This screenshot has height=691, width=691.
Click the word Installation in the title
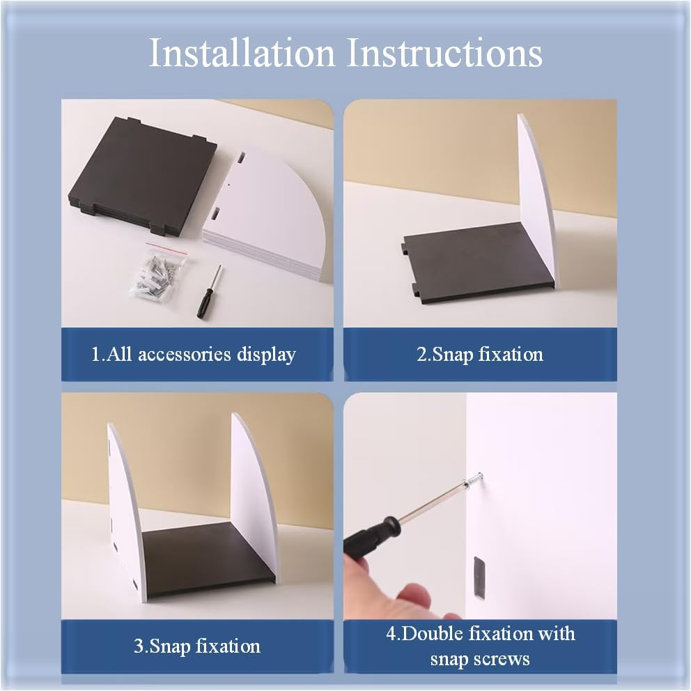click(x=242, y=53)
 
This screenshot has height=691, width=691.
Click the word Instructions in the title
click(x=444, y=53)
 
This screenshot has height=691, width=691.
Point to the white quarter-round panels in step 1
click(x=266, y=217)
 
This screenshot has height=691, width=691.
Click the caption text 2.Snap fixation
click(x=480, y=355)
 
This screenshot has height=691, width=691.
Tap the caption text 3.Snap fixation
click(x=197, y=646)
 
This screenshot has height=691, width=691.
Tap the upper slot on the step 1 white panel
click(x=242, y=157)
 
